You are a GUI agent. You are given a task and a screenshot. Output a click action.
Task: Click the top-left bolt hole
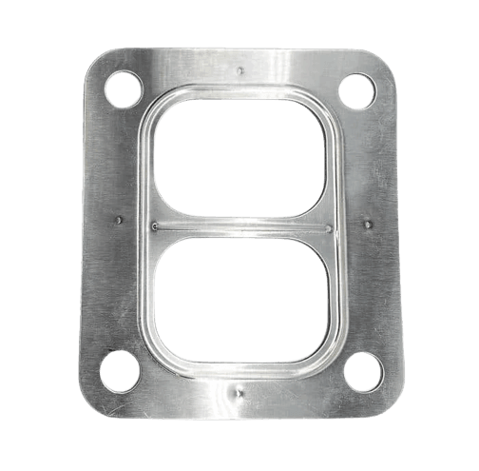pos(123,90)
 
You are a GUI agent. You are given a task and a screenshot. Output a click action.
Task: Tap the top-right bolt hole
pos(357,91)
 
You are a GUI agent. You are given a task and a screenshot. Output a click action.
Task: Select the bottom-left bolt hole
pos(122,371)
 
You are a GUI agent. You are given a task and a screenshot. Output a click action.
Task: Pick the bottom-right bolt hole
pos(361,371)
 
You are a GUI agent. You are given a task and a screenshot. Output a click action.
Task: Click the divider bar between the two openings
pos(239,228)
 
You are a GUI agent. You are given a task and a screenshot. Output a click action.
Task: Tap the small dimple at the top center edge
pos(240,69)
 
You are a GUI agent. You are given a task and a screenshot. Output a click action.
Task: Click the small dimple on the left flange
pos(118,221)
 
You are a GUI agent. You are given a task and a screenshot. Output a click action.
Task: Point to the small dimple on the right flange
pos(368,224)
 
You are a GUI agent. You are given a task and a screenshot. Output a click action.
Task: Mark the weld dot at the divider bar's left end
pos(155,226)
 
